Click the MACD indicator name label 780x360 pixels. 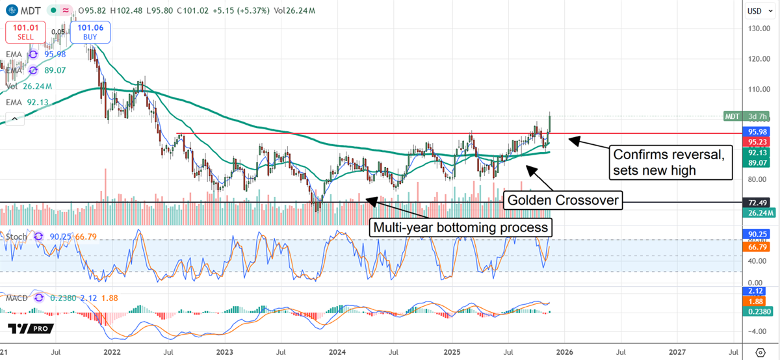click(18, 298)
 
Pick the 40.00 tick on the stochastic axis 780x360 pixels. click(754, 262)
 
